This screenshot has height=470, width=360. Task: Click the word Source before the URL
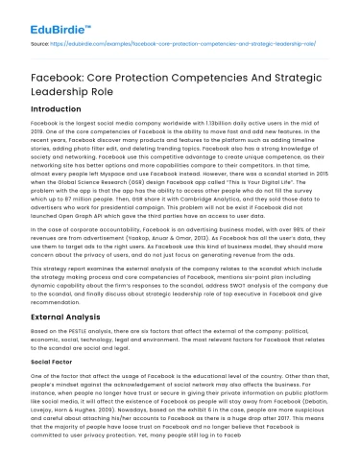tap(38, 43)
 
